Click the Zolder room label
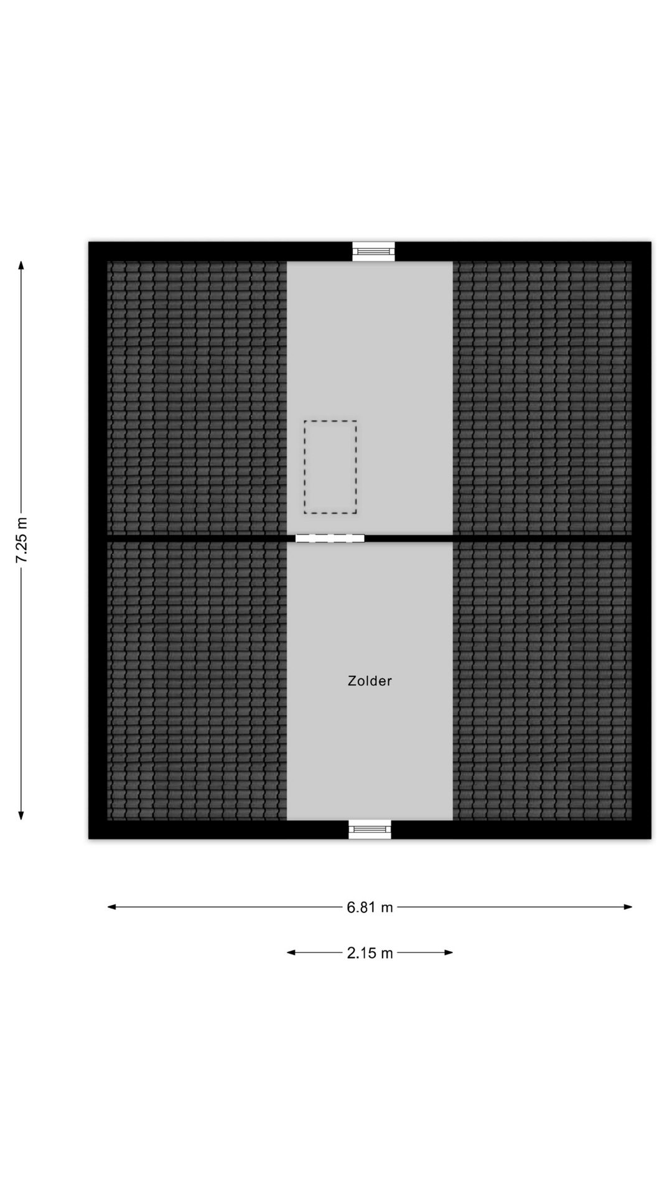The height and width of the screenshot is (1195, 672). [x=370, y=681]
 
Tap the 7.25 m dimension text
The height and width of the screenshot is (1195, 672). [x=22, y=540]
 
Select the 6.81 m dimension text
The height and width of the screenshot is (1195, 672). [x=370, y=907]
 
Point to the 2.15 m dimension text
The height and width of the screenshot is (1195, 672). [x=370, y=953]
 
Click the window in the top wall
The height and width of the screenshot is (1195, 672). [x=373, y=251]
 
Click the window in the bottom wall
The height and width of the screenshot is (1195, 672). [x=370, y=829]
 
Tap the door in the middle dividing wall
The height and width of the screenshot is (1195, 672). [x=330, y=538]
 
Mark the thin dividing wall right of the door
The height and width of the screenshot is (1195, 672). [x=498, y=536]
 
